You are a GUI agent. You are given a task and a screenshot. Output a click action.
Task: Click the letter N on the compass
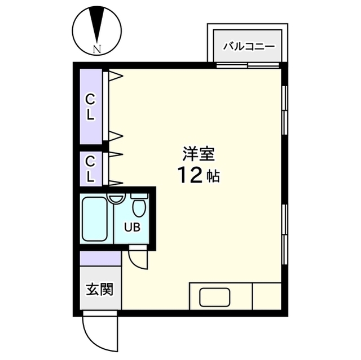[97, 49]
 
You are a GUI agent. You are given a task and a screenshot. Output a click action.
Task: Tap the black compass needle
[97, 25]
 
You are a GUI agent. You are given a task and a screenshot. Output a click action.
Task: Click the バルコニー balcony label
[249, 47]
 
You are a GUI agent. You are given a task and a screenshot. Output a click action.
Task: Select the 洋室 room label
[199, 154]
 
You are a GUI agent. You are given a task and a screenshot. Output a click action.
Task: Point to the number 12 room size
[190, 176]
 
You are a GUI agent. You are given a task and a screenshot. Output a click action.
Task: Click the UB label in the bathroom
[132, 228]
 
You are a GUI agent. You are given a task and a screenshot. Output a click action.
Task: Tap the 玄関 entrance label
[100, 289]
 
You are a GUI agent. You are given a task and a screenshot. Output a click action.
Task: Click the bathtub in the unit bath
[94, 219]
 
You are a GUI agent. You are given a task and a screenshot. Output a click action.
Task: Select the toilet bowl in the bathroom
[139, 208]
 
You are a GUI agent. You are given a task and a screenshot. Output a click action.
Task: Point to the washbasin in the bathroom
[116, 198]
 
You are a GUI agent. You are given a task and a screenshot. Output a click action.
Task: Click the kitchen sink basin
[214, 297]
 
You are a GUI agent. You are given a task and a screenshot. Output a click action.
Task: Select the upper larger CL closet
[91, 106]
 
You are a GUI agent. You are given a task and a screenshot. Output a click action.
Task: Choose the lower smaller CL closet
[91, 169]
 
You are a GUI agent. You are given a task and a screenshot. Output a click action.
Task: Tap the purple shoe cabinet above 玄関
[100, 259]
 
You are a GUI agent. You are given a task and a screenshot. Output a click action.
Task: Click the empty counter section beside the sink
[267, 296]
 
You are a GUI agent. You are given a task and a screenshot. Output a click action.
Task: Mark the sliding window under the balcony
[248, 65]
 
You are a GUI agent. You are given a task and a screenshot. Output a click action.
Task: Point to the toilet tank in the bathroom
[139, 196]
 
